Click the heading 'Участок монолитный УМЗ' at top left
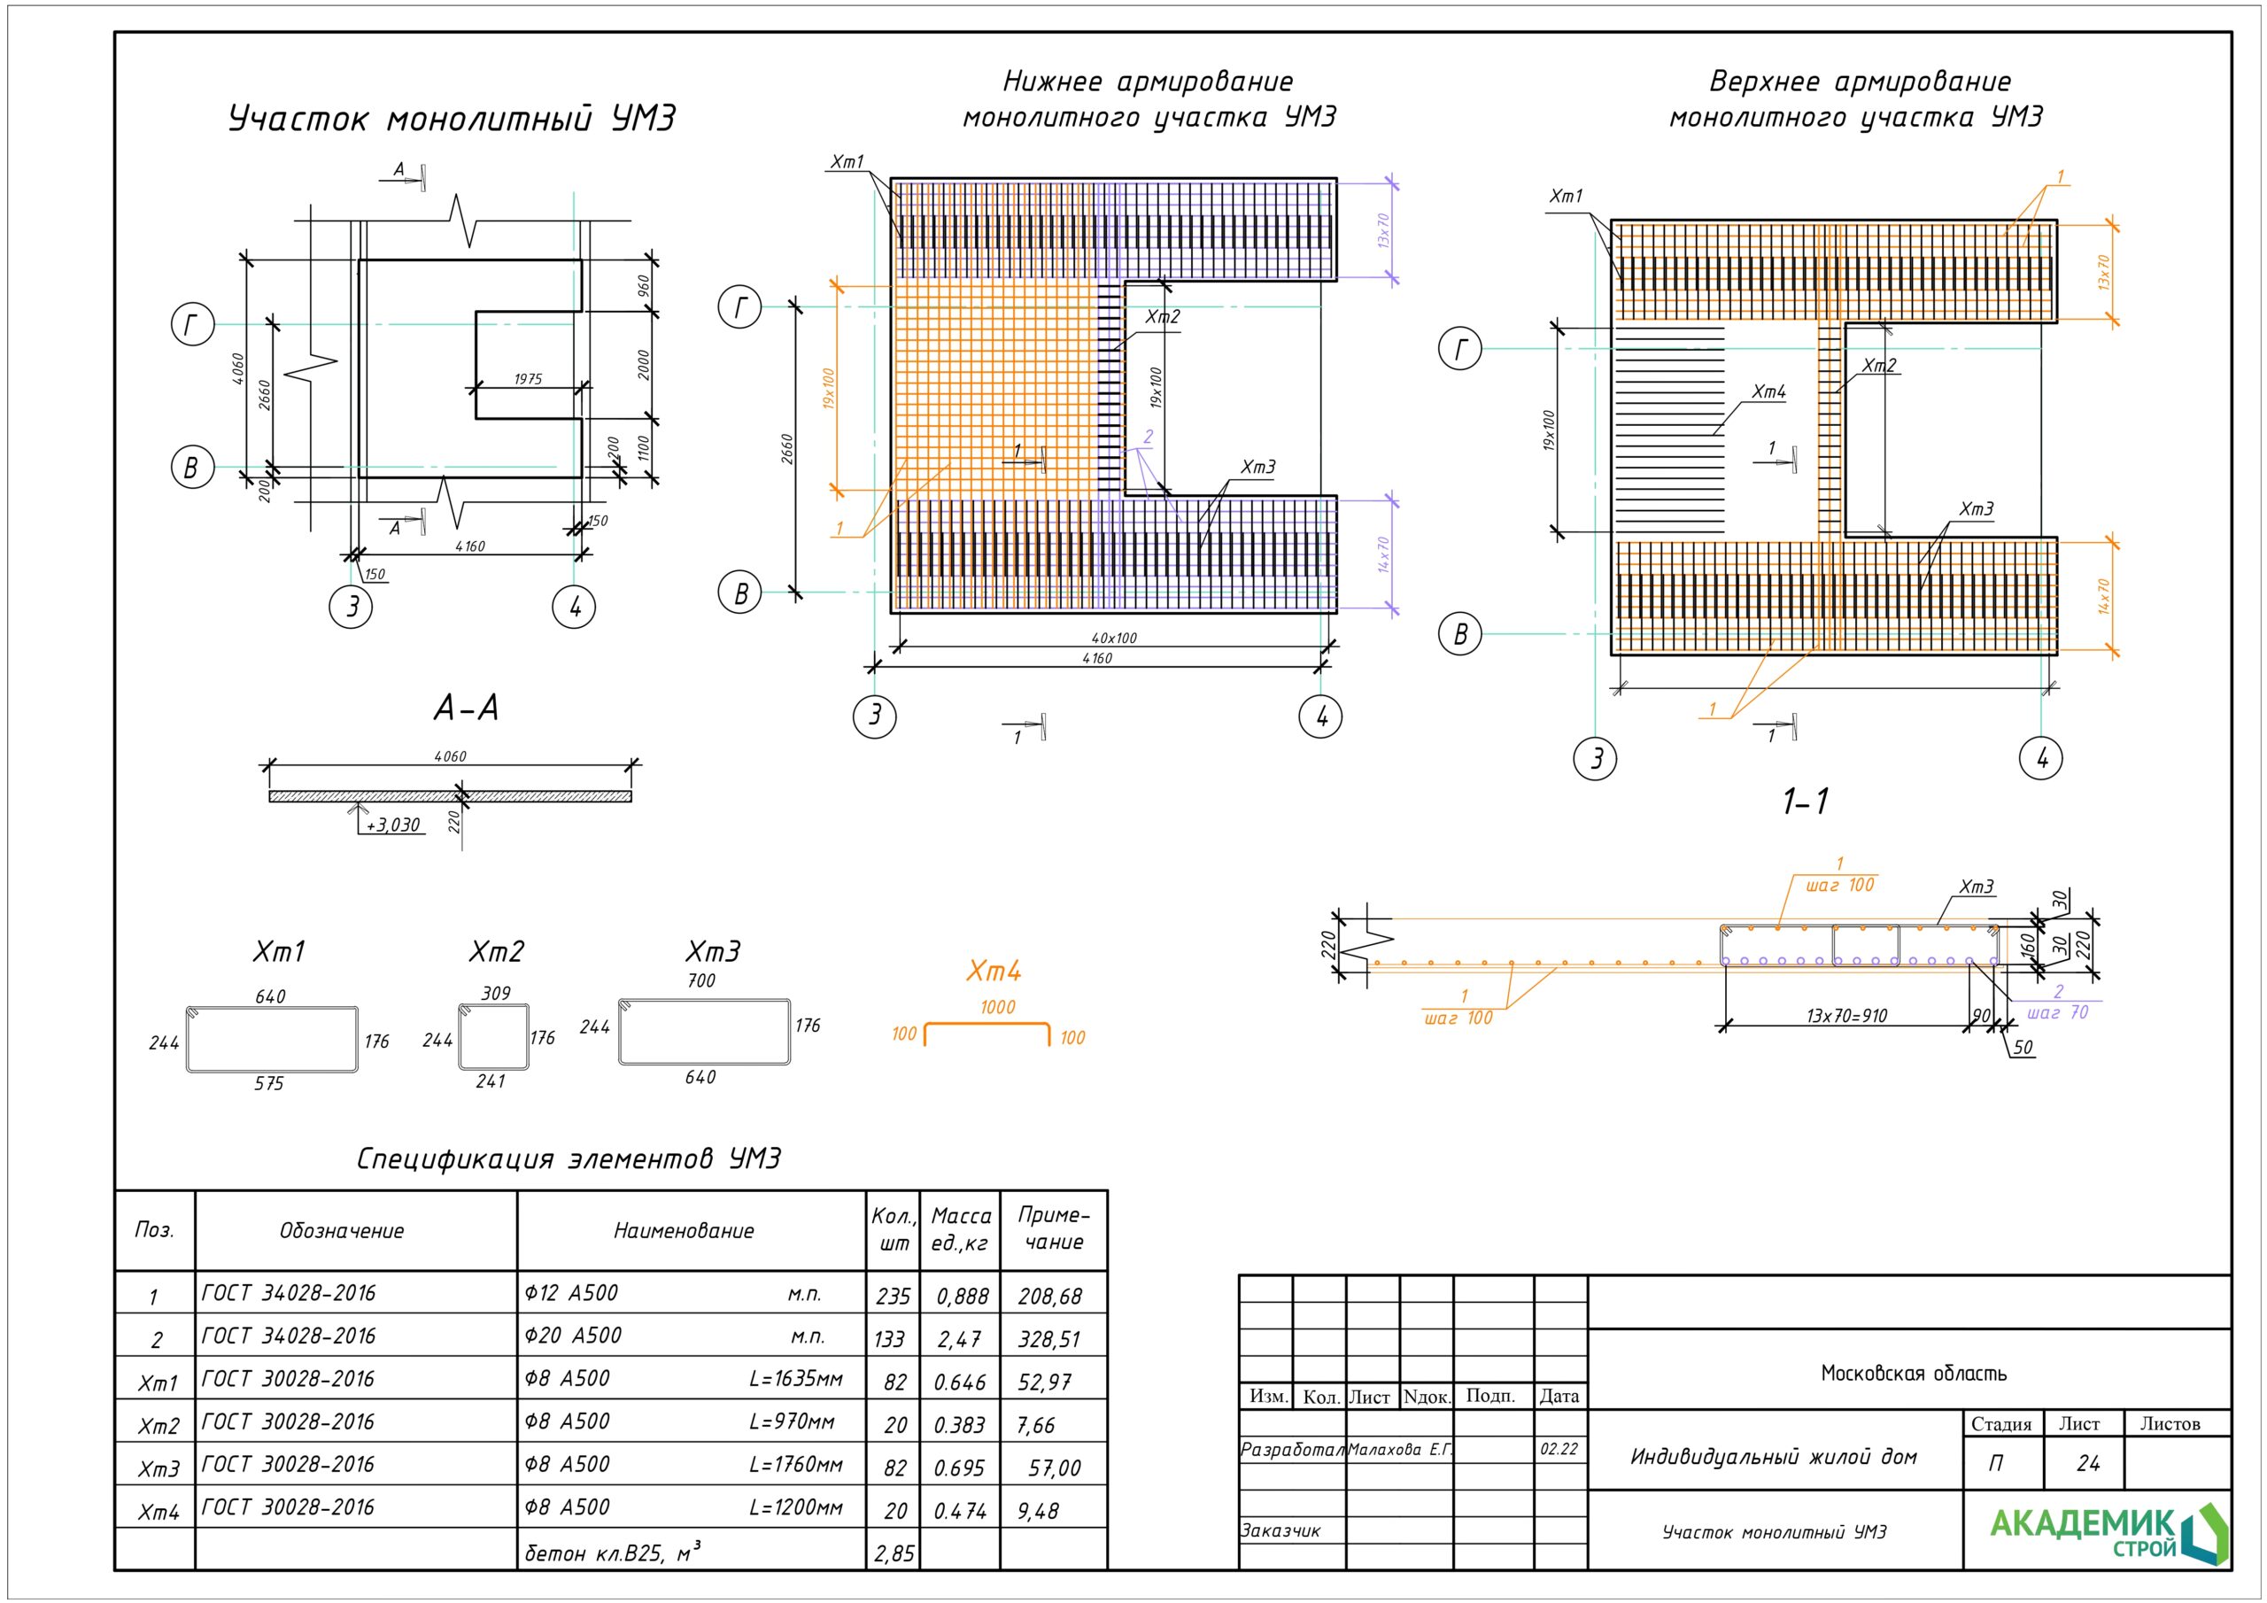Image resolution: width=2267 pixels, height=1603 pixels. coord(453,120)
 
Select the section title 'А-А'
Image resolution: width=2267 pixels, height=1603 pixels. coord(466,709)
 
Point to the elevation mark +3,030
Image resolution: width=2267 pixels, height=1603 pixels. coord(393,825)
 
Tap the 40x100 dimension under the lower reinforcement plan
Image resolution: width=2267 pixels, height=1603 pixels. coord(1114,638)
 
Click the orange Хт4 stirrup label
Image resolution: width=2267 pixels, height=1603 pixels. coord(994,972)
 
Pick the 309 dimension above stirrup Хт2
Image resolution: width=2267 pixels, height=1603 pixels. coord(496,994)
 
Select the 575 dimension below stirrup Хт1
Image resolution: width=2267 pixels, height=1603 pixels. coord(268,1083)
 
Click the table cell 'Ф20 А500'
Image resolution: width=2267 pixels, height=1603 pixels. coord(573,1336)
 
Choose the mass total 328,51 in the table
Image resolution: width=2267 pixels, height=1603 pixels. coord(1048,1339)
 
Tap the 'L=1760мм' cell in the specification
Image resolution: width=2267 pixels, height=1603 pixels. coord(796,1465)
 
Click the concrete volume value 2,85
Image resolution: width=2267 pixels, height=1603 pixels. coord(894,1553)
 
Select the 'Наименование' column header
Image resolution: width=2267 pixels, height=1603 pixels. coord(684,1231)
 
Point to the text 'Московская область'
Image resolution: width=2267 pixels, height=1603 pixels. coord(1914,1373)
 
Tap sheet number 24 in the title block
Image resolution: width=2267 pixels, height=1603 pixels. coord(2087,1463)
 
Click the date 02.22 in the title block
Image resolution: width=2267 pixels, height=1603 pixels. coord(1559,1449)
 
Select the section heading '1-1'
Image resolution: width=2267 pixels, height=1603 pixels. coord(1805,801)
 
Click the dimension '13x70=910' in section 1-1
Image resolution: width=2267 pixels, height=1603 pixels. coord(1846,1015)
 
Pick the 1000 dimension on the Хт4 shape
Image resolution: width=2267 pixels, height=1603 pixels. coord(997,1008)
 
